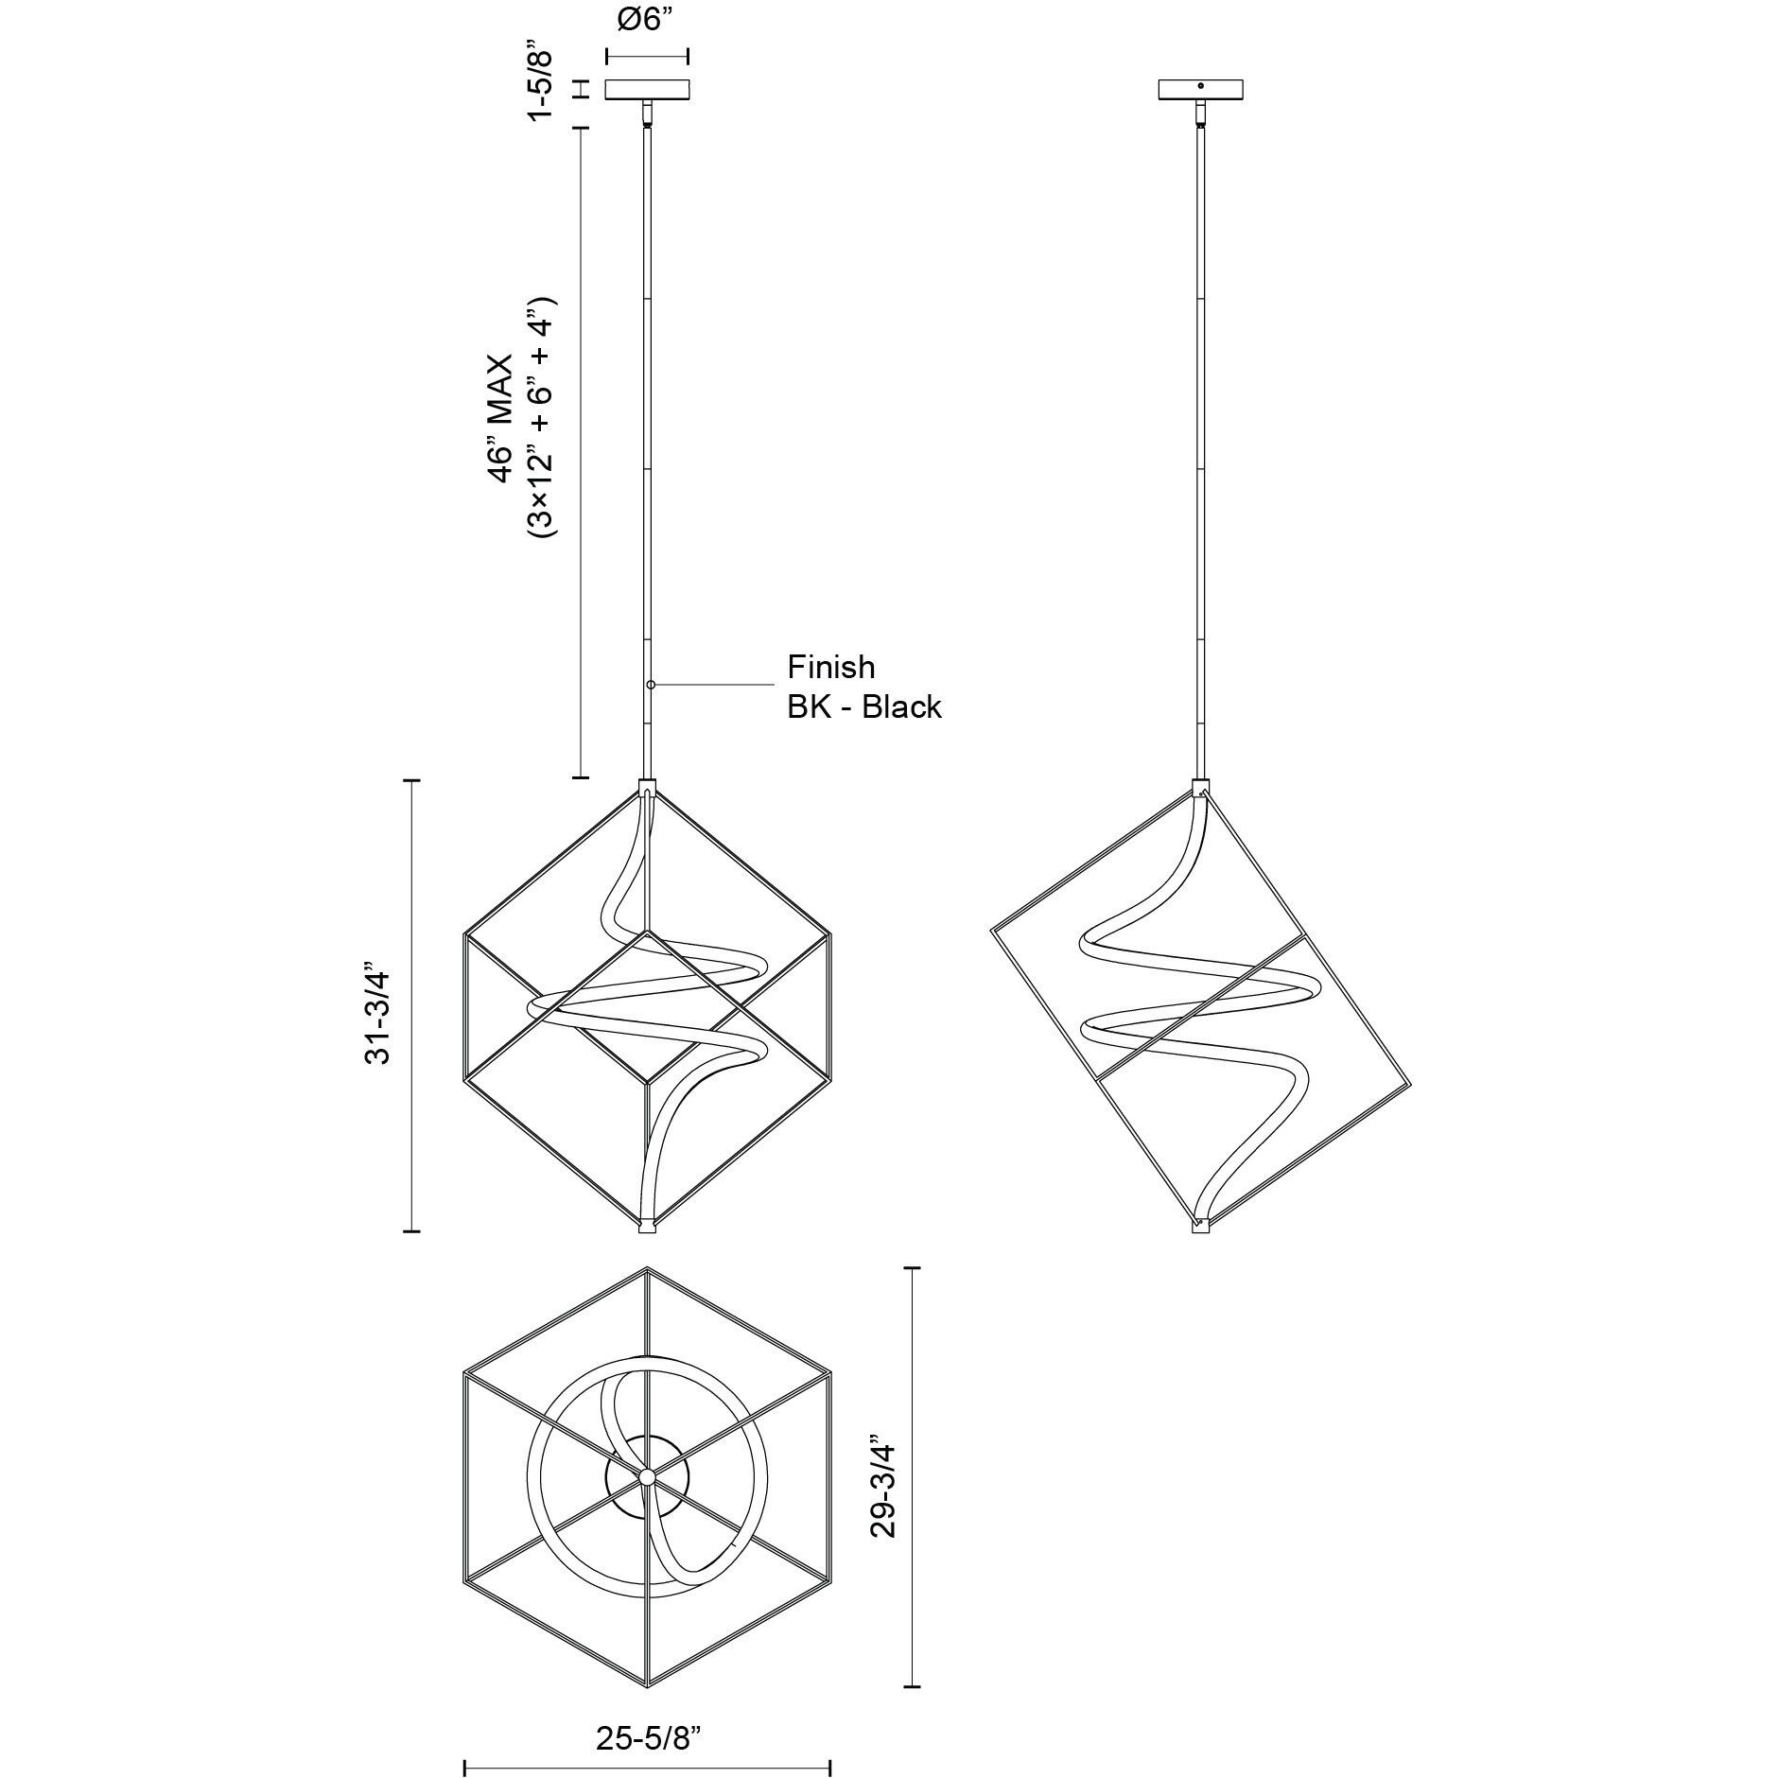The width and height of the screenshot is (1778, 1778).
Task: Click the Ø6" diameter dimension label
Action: click(x=646, y=22)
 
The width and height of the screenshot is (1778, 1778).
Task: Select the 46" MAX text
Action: click(x=500, y=419)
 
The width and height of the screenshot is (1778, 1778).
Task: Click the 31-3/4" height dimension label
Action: click(x=378, y=1004)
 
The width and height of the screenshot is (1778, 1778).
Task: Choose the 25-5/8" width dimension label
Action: click(x=648, y=1684)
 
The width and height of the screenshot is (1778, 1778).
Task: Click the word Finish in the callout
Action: click(x=831, y=667)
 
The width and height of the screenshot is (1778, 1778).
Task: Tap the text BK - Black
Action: click(x=864, y=706)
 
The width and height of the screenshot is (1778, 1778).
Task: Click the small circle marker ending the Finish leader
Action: click(x=651, y=684)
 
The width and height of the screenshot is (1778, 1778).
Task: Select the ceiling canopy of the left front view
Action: click(x=647, y=90)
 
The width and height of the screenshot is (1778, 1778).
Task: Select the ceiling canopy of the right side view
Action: click(x=1201, y=90)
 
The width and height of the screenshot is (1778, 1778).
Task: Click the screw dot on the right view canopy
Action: click(x=1201, y=87)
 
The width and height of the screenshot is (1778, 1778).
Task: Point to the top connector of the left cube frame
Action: click(x=648, y=787)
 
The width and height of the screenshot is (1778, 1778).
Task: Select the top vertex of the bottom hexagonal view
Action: click(x=648, y=1269)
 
